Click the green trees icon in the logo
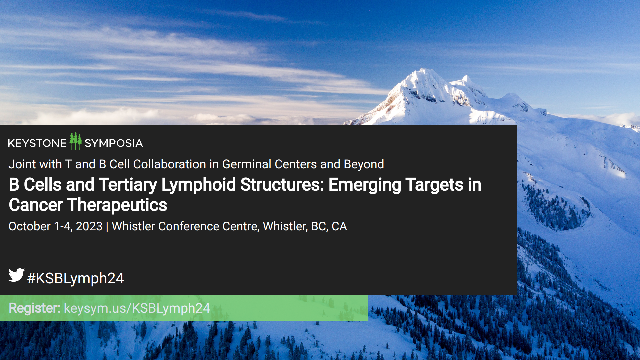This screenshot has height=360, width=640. (x=76, y=141)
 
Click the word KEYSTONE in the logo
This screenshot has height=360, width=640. (x=37, y=143)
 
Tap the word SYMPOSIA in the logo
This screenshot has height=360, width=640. (x=114, y=143)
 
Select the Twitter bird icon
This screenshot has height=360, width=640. (x=17, y=275)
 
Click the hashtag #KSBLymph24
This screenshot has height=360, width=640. (x=75, y=278)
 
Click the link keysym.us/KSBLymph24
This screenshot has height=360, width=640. (x=137, y=308)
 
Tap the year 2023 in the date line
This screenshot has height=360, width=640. (x=89, y=226)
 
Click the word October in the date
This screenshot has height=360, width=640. (x=30, y=226)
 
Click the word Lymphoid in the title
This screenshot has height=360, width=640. (x=199, y=185)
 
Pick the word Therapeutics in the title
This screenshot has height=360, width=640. (x=117, y=205)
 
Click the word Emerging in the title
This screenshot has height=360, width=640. (x=365, y=185)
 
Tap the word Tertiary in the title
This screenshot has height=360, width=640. (x=128, y=185)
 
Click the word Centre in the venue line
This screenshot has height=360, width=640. (x=240, y=226)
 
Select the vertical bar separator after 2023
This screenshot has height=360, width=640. (x=107, y=227)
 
